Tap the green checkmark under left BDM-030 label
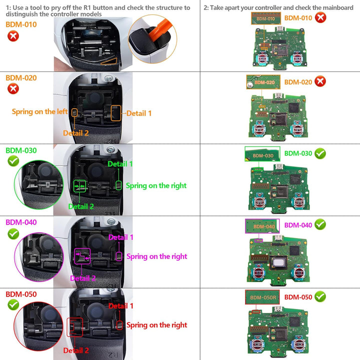13,161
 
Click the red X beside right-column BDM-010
321,18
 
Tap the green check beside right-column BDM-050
320,297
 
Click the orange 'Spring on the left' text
40,112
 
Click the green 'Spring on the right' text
156,185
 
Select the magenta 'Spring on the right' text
156,256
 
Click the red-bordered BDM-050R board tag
262,297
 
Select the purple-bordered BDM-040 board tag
263,226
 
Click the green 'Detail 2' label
81,206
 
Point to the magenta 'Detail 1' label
121,237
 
